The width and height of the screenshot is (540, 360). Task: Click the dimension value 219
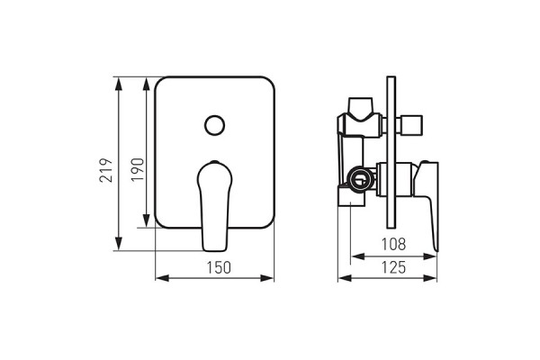[106, 170]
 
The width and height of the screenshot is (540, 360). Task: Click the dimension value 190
[137, 170]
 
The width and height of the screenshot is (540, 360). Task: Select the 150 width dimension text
[219, 267]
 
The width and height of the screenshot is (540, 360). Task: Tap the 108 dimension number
[393, 244]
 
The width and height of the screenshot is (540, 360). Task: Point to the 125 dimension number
[393, 267]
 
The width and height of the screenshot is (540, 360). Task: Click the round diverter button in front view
[214, 125]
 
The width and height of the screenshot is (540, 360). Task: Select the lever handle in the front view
[214, 206]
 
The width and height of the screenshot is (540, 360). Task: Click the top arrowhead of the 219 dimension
[119, 84]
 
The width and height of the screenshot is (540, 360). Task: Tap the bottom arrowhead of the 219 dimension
[119, 244]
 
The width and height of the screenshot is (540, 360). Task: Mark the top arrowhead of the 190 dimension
[147, 84]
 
